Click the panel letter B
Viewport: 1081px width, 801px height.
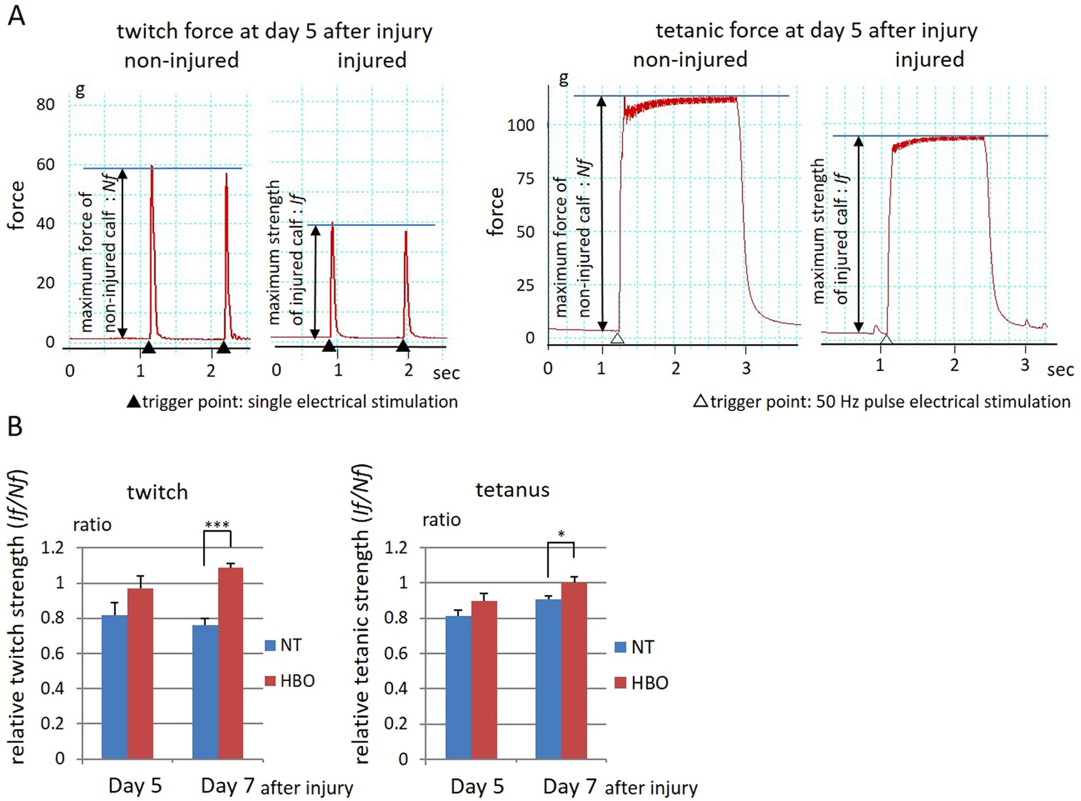coord(14,426)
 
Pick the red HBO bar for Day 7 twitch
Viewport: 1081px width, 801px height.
coord(231,665)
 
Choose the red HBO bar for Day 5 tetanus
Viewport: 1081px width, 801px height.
coord(484,682)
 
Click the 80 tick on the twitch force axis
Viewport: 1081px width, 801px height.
coord(45,105)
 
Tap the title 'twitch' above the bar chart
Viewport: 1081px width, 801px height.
coord(157,492)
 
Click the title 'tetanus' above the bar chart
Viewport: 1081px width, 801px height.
coord(512,490)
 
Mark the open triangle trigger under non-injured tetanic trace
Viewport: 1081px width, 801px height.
coord(616,338)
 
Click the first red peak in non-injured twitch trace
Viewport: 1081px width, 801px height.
coord(152,197)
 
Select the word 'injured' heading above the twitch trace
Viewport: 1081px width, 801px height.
coord(371,60)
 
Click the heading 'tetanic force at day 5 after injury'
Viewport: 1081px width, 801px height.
coord(816,30)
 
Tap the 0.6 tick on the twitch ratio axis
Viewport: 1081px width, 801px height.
coord(52,654)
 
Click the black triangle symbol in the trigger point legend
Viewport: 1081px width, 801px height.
coord(134,401)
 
